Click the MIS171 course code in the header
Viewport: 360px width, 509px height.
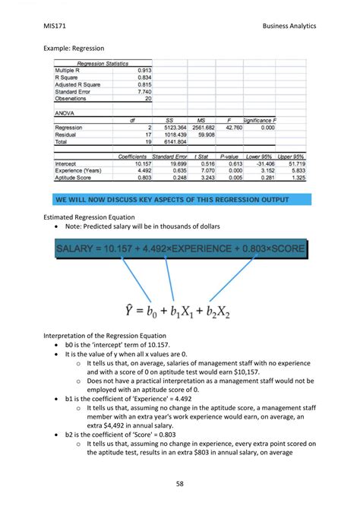[55, 26]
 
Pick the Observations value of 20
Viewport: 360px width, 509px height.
[147, 99]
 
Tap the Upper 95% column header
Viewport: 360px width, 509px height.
[291, 156]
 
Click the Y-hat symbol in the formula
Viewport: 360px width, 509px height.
[131, 309]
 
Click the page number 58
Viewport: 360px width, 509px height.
[180, 482]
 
